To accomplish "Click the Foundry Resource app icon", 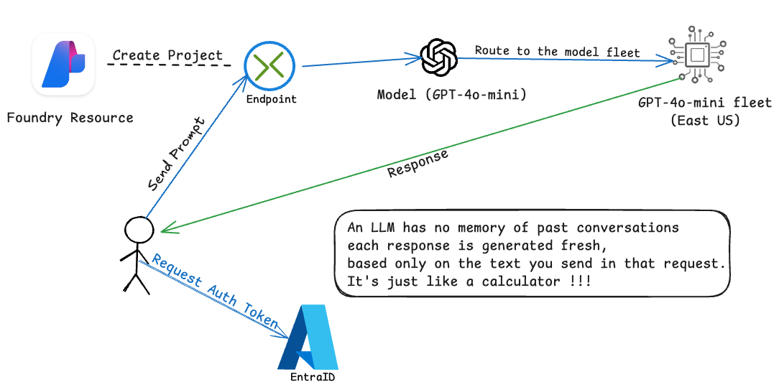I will (x=63, y=64).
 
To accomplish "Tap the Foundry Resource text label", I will (x=70, y=118).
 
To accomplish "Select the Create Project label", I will (x=167, y=55).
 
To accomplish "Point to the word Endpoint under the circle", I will (x=271, y=99).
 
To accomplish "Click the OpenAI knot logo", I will (x=439, y=57).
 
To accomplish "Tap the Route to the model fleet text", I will (x=557, y=50).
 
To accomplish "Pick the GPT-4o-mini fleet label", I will (x=704, y=103).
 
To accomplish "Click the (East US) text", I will (x=704, y=120).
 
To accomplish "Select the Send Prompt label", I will (x=175, y=152).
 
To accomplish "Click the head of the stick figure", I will (x=139, y=230).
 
